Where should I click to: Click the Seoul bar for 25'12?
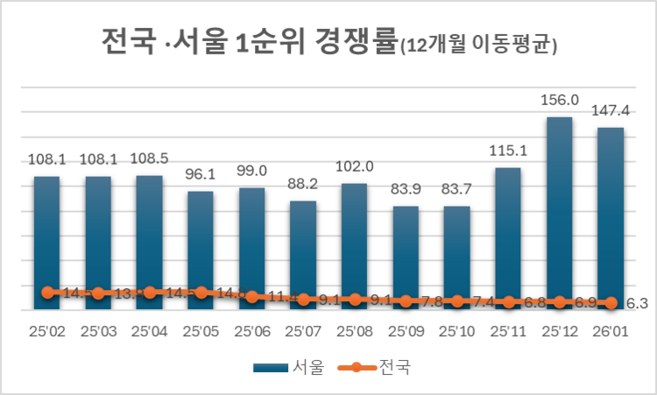click(x=559, y=210)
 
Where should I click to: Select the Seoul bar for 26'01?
click(x=610, y=215)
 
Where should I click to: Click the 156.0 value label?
click(x=559, y=101)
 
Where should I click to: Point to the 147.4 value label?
click(x=611, y=111)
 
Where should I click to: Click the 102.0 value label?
click(x=354, y=166)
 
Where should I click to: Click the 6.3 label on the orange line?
click(x=637, y=304)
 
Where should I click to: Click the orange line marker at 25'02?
click(x=47, y=292)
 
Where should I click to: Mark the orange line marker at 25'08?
click(x=354, y=299)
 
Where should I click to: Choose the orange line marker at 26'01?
click(x=610, y=302)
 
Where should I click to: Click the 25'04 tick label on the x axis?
click(x=150, y=332)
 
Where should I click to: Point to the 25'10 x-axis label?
click(x=456, y=332)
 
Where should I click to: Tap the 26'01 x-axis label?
click(x=610, y=332)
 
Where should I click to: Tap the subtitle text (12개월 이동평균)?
click(x=478, y=46)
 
